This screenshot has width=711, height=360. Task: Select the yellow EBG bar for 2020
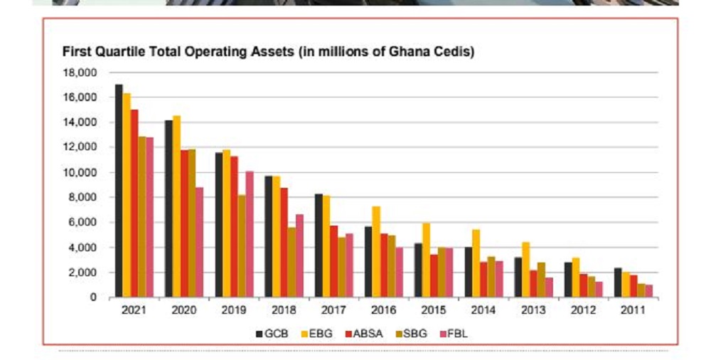[176, 206]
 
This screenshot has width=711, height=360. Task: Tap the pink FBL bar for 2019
[250, 234]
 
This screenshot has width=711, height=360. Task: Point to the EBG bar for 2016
[376, 252]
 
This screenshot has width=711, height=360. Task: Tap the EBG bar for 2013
[526, 270]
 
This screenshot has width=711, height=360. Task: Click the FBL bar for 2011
[649, 291]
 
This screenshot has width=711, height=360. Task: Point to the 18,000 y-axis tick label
[80, 73]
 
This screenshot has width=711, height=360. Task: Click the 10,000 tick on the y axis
[80, 173]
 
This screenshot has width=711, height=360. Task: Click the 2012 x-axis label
[583, 310]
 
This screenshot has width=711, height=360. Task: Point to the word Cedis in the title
[455, 53]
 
